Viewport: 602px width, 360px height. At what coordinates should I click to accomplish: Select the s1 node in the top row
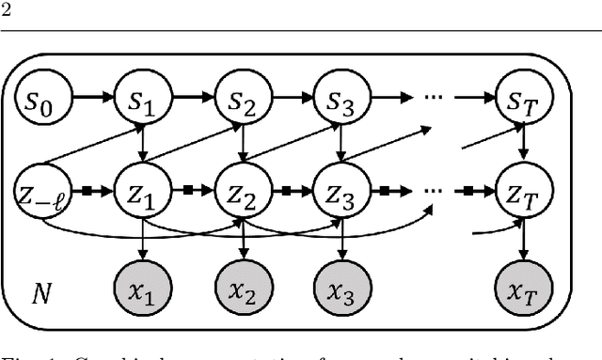(x=140, y=97)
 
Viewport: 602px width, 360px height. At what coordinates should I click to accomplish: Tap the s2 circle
(x=243, y=97)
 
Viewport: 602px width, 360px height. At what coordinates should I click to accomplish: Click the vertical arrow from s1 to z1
(x=140, y=145)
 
